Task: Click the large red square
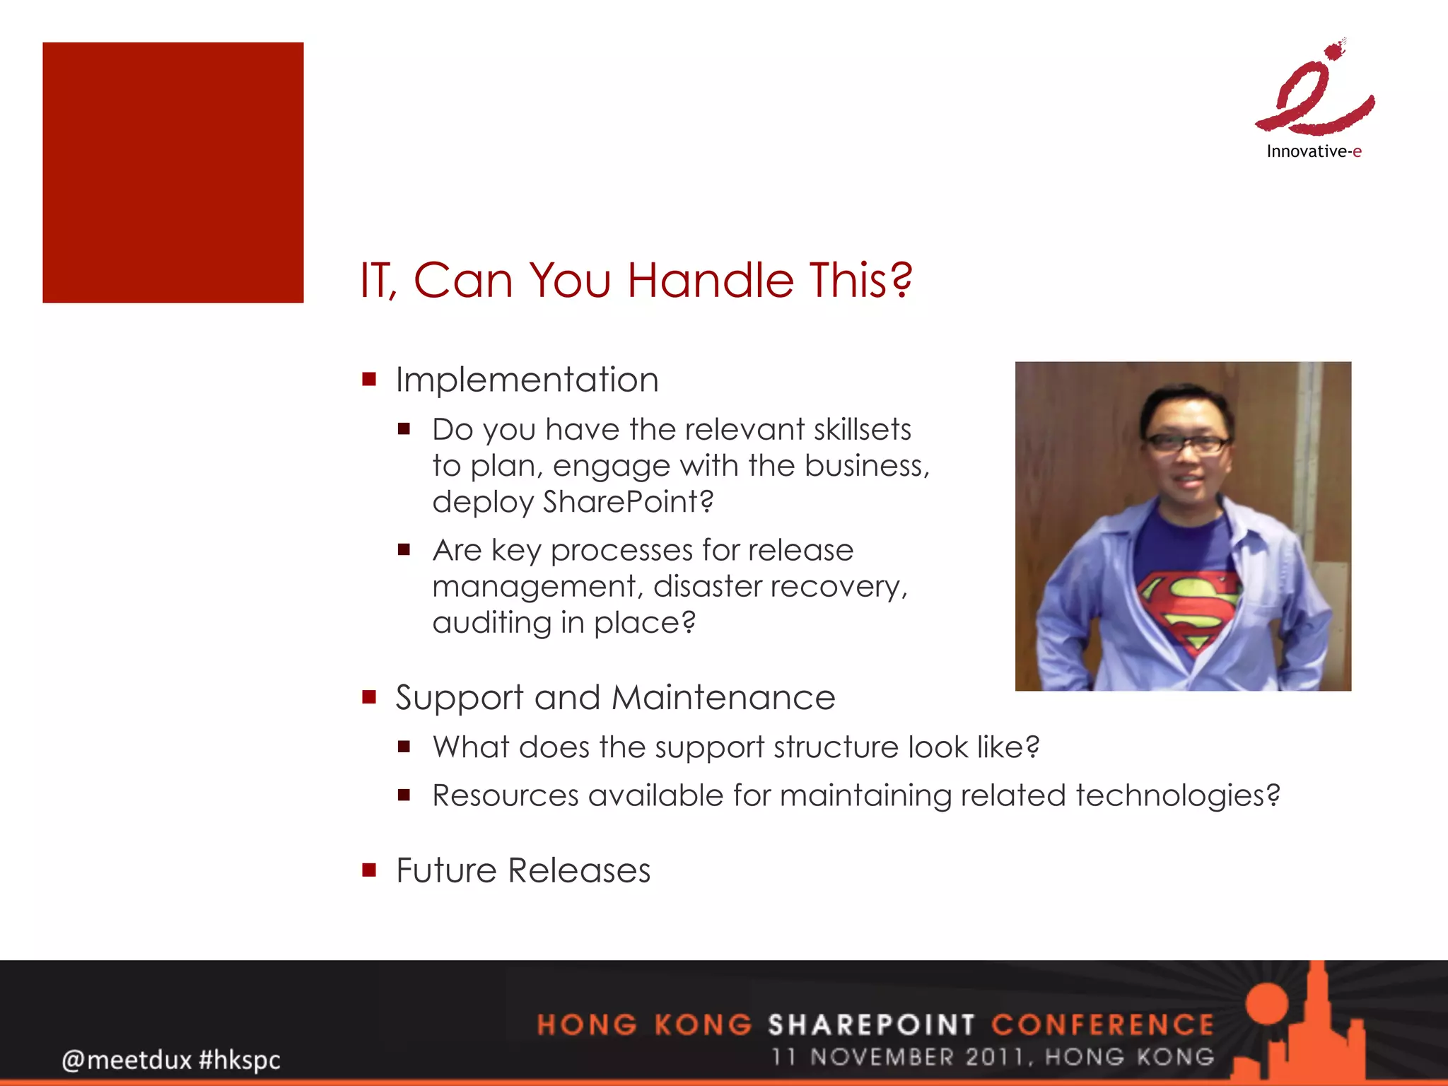pyautogui.click(x=173, y=173)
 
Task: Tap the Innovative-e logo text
pyautogui.click(x=1314, y=151)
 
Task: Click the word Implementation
pyautogui.click(x=527, y=380)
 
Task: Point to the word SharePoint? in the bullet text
pyautogui.click(x=628, y=502)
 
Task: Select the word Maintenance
pyautogui.click(x=723, y=698)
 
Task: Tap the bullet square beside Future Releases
pyautogui.click(x=369, y=870)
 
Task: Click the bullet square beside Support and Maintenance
pyautogui.click(x=369, y=697)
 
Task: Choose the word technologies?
pyautogui.click(x=1177, y=795)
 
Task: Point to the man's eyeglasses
pyautogui.click(x=1187, y=444)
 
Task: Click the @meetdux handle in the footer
pyautogui.click(x=127, y=1060)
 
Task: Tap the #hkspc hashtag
pyautogui.click(x=240, y=1060)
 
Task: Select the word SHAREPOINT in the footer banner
pyautogui.click(x=871, y=1024)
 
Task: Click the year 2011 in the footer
pyautogui.click(x=994, y=1057)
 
